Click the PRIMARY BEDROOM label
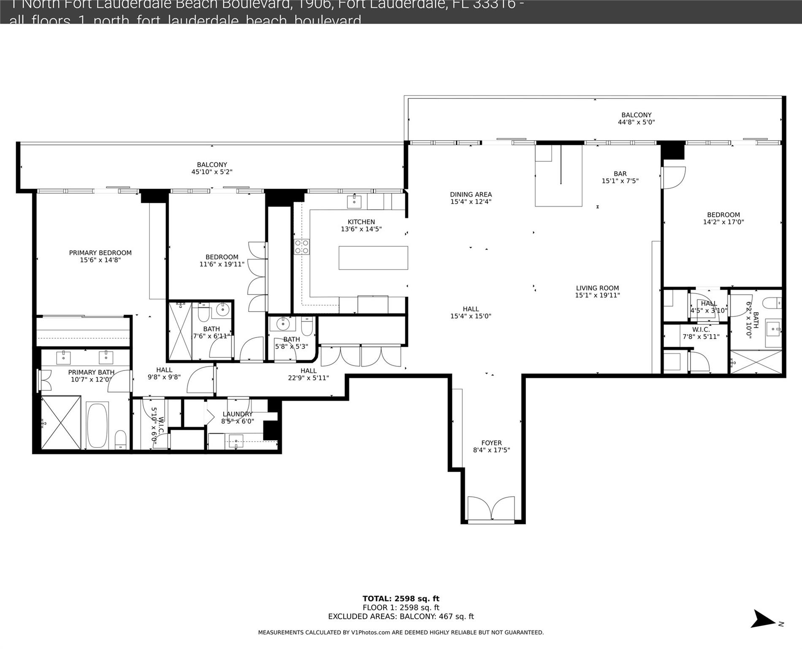pyautogui.click(x=100, y=253)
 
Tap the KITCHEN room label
pyautogui.click(x=361, y=222)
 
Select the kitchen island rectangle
pyautogui.click(x=373, y=258)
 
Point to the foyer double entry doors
pyautogui.click(x=491, y=509)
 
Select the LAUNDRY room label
pyautogui.click(x=237, y=414)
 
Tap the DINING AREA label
pyautogui.click(x=471, y=195)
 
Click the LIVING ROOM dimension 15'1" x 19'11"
pyautogui.click(x=597, y=295)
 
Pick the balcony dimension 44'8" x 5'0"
pyautogui.click(x=636, y=122)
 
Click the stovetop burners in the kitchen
pyautogui.click(x=302, y=246)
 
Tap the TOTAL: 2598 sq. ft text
pyautogui.click(x=401, y=598)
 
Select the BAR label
pyautogui.click(x=620, y=174)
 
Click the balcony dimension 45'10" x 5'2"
pyautogui.click(x=212, y=172)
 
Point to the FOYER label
pyautogui.click(x=491, y=443)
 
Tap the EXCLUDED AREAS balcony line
pyautogui.click(x=401, y=616)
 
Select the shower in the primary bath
pyautogui.click(x=61, y=423)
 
